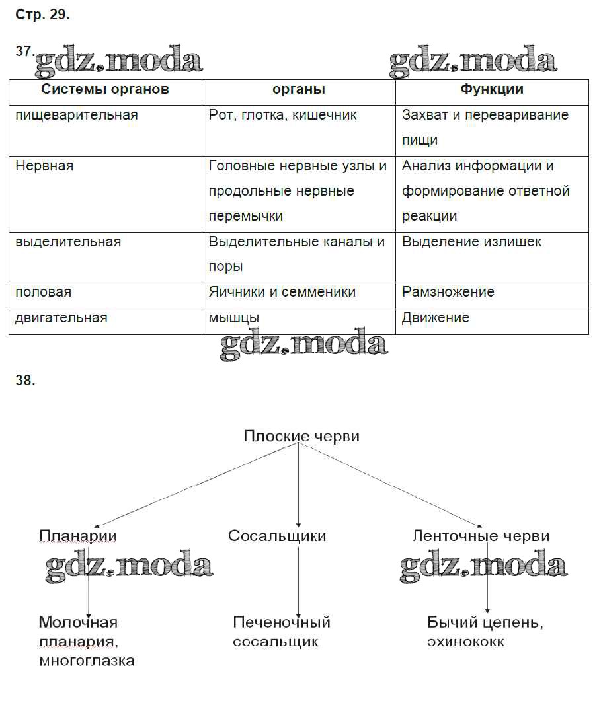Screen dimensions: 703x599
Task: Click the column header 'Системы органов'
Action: point(105,90)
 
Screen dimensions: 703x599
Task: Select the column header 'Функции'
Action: point(492,90)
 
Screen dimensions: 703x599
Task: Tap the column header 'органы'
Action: point(299,90)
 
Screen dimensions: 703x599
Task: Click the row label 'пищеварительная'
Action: point(77,115)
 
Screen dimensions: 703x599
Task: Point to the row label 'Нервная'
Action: point(44,166)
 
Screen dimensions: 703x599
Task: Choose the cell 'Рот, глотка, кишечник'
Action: point(282,115)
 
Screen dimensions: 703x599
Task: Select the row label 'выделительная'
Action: point(68,242)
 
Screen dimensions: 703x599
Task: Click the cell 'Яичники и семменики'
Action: point(282,292)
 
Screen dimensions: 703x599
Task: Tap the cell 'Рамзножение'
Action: point(448,292)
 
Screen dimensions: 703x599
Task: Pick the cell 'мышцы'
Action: point(233,318)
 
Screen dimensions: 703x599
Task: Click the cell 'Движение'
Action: point(436,318)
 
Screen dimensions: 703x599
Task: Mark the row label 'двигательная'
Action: point(61,318)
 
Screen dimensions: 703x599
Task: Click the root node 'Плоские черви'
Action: point(301,436)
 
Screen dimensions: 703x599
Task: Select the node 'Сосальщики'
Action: point(277,536)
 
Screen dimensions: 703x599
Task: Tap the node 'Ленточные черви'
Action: point(481,536)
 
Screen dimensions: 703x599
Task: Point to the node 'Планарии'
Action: point(77,536)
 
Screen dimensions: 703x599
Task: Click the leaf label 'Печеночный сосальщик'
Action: point(281,632)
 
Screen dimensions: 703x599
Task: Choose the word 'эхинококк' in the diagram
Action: point(465,642)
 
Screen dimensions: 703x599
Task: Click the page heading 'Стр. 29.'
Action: point(42,15)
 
